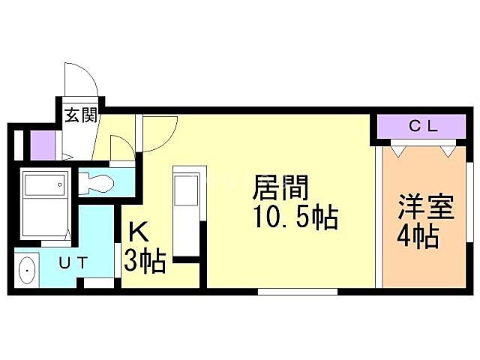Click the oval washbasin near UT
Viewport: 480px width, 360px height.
(x=28, y=270)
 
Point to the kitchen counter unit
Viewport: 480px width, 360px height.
(x=184, y=210)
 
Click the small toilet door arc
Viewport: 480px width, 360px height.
(x=119, y=145)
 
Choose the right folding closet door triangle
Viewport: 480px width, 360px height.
(x=447, y=150)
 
